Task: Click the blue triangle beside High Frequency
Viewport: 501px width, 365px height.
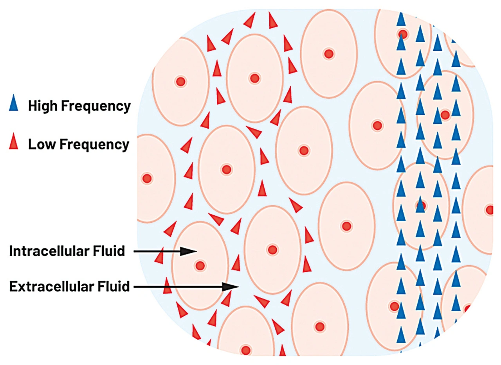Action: tap(13, 103)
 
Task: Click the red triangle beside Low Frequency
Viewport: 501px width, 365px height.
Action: tap(13, 141)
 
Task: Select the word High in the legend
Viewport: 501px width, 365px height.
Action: tap(43, 106)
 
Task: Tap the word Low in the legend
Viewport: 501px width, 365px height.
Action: tap(42, 144)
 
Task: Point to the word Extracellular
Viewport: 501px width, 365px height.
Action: tap(51, 286)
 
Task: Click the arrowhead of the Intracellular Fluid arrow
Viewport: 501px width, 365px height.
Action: tap(189, 251)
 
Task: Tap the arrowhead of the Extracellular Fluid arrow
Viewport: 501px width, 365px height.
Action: tap(231, 286)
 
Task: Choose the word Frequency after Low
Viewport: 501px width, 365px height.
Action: tap(94, 145)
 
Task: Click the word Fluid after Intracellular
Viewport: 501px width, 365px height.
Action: tap(109, 251)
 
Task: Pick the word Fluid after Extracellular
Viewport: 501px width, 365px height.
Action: tap(113, 286)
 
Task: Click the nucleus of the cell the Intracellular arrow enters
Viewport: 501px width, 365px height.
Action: tap(200, 266)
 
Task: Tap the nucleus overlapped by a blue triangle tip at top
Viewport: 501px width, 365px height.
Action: tap(403, 34)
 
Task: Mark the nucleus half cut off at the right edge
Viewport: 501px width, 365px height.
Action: tap(489, 210)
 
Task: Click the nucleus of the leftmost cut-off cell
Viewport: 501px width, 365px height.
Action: tap(147, 179)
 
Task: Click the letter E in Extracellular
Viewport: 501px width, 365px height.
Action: tap(13, 286)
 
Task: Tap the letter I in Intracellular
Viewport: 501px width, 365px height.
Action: tap(11, 251)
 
